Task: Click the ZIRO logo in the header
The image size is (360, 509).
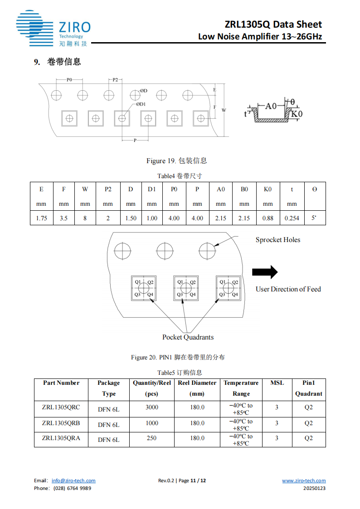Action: click(53, 28)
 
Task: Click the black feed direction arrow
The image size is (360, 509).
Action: click(264, 272)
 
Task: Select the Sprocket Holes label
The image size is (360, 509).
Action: click(277, 240)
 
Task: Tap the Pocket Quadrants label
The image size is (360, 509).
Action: click(188, 337)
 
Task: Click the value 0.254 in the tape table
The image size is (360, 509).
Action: click(292, 218)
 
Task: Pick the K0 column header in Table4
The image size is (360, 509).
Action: click(268, 189)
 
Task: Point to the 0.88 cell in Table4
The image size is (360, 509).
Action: click(268, 218)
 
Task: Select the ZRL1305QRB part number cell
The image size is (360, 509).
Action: click(61, 423)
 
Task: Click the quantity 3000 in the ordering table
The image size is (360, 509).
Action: click(151, 407)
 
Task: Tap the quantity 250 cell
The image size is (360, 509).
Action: click(151, 438)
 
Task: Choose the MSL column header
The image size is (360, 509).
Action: click(277, 383)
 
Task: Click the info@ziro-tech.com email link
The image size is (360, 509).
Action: click(73, 480)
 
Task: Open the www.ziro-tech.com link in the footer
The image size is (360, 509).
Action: click(303, 480)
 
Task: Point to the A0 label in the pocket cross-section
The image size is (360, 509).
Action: click(271, 106)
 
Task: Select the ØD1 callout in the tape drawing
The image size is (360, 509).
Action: click(141, 104)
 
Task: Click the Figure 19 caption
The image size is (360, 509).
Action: click(176, 161)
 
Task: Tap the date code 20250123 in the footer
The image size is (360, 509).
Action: click(314, 488)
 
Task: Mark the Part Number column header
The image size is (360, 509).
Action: click(61, 383)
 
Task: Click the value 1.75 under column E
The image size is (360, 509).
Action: click(41, 218)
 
